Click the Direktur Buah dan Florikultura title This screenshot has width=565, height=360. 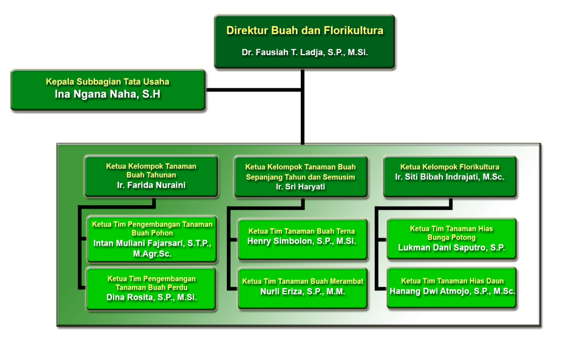click(x=305, y=31)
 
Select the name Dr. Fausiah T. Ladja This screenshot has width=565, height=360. click(x=305, y=53)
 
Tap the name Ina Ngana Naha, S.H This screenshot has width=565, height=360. click(x=108, y=94)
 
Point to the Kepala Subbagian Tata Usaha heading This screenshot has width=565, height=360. click(x=108, y=82)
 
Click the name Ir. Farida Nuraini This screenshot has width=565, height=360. click(x=151, y=185)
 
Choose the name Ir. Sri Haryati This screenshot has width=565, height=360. click(x=301, y=187)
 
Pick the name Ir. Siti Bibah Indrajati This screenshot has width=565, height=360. click(x=450, y=177)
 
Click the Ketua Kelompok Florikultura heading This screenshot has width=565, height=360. click(x=450, y=167)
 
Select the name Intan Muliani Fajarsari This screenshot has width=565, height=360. click(x=152, y=243)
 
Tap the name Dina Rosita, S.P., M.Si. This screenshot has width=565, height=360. click(x=152, y=297)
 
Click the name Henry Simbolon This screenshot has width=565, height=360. click(x=302, y=241)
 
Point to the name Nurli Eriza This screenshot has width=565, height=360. click(x=302, y=292)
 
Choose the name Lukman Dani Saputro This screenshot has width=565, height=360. click(x=451, y=248)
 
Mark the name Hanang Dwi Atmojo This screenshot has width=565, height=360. click(x=452, y=291)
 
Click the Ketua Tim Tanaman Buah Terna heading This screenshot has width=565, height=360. click(x=302, y=231)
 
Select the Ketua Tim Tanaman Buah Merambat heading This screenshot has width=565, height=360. click(x=302, y=282)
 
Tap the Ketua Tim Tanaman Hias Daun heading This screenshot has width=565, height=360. click(x=452, y=281)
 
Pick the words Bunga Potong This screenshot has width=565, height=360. click(x=451, y=237)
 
